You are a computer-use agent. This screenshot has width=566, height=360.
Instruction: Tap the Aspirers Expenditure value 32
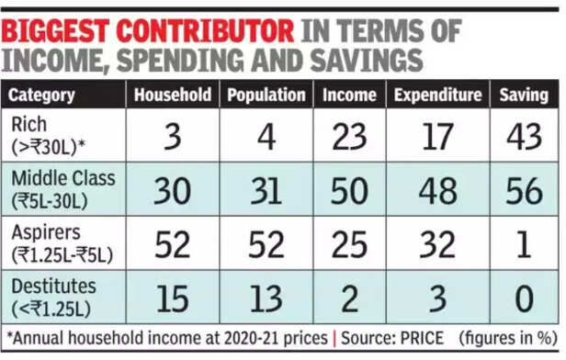[437, 244]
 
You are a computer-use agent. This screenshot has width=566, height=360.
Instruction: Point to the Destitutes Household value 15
[173, 298]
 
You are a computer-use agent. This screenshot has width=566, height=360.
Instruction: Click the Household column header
[173, 95]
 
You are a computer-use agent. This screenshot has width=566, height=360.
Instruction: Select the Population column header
[266, 95]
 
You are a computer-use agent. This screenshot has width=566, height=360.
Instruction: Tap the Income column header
[349, 95]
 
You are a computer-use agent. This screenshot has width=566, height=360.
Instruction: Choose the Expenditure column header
[437, 95]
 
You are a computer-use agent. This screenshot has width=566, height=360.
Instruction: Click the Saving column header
[524, 95]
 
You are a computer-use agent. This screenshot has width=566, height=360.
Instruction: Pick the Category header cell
[42, 95]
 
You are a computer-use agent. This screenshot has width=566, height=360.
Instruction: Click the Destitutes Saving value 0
[524, 298]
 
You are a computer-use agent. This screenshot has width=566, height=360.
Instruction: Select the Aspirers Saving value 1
[524, 244]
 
